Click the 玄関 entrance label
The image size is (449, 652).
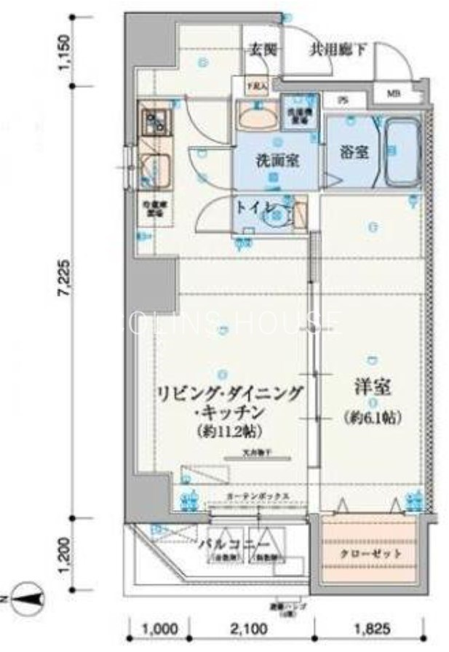(263, 49)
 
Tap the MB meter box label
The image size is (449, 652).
(393, 93)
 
